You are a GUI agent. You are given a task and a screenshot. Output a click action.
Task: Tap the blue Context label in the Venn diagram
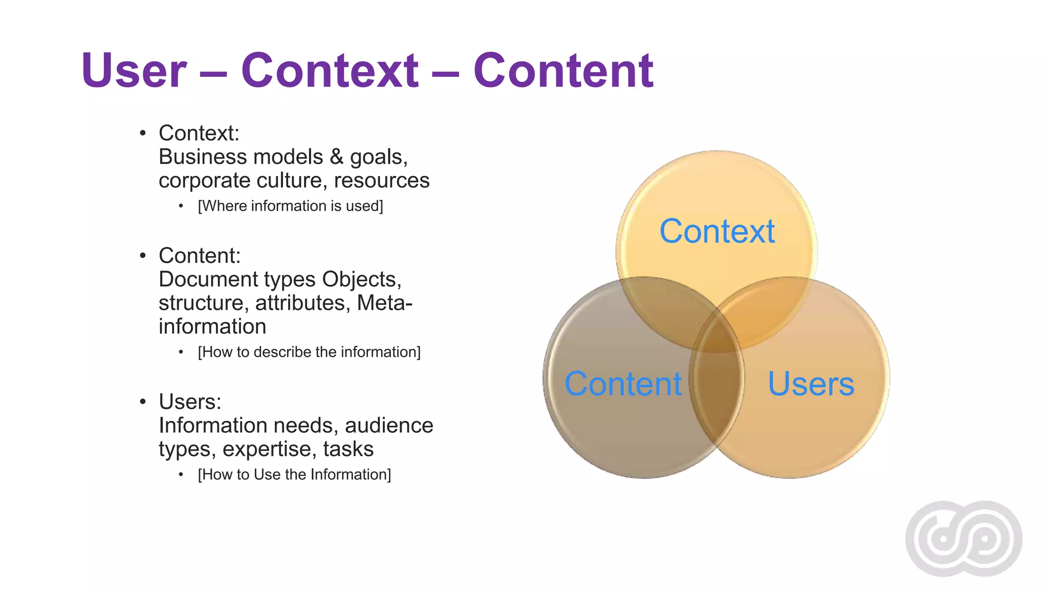tap(716, 231)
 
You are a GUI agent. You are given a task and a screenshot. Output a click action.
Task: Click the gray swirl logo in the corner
tap(964, 538)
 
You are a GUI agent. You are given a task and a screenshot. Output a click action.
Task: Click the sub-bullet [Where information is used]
tap(290, 206)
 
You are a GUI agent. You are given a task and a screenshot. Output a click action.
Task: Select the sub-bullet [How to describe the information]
tap(309, 352)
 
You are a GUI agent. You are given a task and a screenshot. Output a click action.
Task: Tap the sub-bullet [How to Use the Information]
tap(294, 474)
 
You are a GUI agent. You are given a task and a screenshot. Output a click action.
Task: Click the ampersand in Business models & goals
tap(336, 157)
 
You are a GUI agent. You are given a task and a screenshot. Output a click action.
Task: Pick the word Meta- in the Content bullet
tap(384, 303)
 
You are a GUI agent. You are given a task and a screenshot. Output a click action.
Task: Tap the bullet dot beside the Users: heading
tap(143, 402)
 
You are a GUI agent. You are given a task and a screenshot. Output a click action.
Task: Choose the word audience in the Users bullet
tap(389, 425)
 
